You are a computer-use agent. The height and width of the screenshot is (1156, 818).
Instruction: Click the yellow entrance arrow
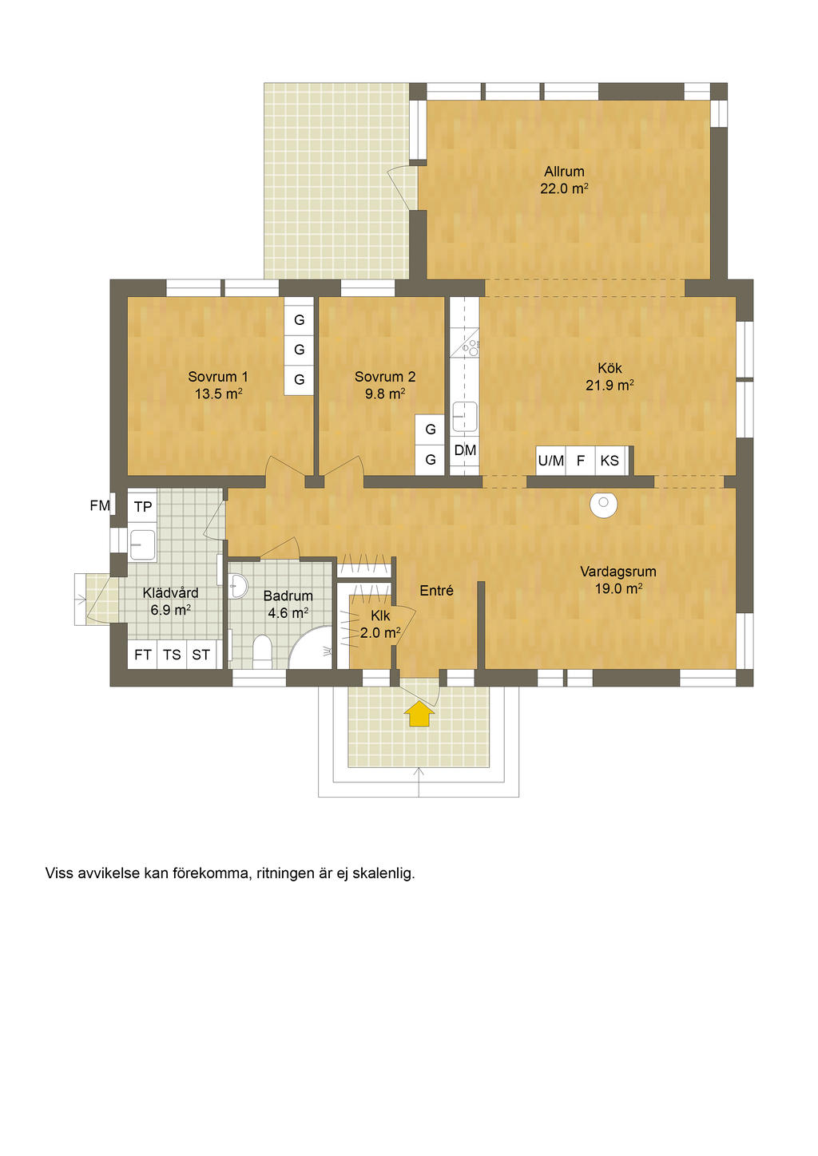click(419, 715)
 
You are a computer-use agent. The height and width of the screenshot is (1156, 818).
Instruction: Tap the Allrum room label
click(564, 172)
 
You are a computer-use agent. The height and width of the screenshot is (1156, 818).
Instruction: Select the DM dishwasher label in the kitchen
click(465, 450)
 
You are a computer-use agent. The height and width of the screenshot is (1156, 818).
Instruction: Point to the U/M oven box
click(550, 460)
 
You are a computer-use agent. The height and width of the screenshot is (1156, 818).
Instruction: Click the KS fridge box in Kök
click(610, 460)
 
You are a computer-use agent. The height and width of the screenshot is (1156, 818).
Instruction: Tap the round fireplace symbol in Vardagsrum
click(603, 504)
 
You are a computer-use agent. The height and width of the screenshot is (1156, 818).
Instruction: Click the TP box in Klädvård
click(142, 507)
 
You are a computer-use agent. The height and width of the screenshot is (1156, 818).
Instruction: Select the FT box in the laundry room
click(142, 655)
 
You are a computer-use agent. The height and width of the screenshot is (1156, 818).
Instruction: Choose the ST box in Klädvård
click(201, 655)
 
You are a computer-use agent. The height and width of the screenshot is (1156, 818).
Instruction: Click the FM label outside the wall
click(100, 506)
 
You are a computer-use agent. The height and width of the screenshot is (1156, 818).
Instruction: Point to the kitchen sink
click(465, 417)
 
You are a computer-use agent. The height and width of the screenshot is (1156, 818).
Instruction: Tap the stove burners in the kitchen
click(471, 348)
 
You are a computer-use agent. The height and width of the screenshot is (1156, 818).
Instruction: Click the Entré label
click(436, 591)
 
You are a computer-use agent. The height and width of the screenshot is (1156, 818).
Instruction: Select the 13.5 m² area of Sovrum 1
click(218, 394)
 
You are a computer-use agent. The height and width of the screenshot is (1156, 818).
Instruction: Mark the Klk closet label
click(380, 616)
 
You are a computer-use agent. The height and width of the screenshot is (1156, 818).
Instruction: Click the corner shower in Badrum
click(310, 647)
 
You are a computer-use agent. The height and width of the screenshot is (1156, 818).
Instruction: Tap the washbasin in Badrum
click(239, 586)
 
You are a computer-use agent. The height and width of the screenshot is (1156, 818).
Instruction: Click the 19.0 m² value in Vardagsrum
click(618, 589)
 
